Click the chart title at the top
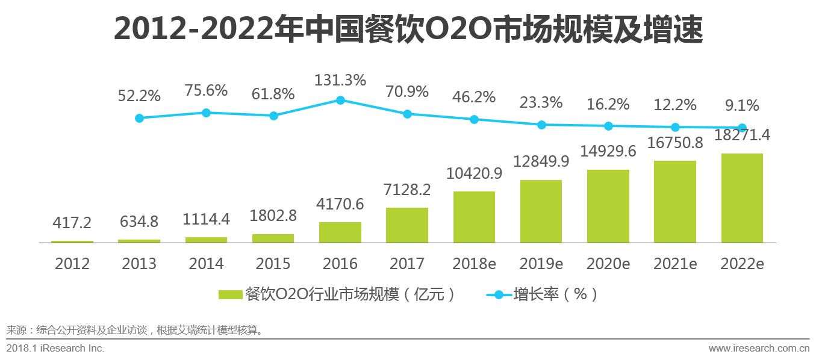tap(408, 30)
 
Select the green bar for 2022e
tap(742, 198)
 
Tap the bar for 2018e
tap(474, 217)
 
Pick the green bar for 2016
tap(340, 232)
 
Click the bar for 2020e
tap(608, 206)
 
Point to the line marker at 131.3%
tap(340, 100)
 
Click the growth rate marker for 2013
tap(140, 118)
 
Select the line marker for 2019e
tap(541, 125)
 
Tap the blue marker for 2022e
tap(743, 128)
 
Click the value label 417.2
tap(72, 223)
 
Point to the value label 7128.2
tap(407, 190)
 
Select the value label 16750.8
tap(675, 143)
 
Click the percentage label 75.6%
tap(206, 91)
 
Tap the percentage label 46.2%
tap(474, 96)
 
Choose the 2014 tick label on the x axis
tap(206, 264)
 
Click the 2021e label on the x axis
tap(675, 264)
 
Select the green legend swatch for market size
tap(230, 294)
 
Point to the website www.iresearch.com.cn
tap(759, 348)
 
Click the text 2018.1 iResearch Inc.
tap(55, 348)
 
